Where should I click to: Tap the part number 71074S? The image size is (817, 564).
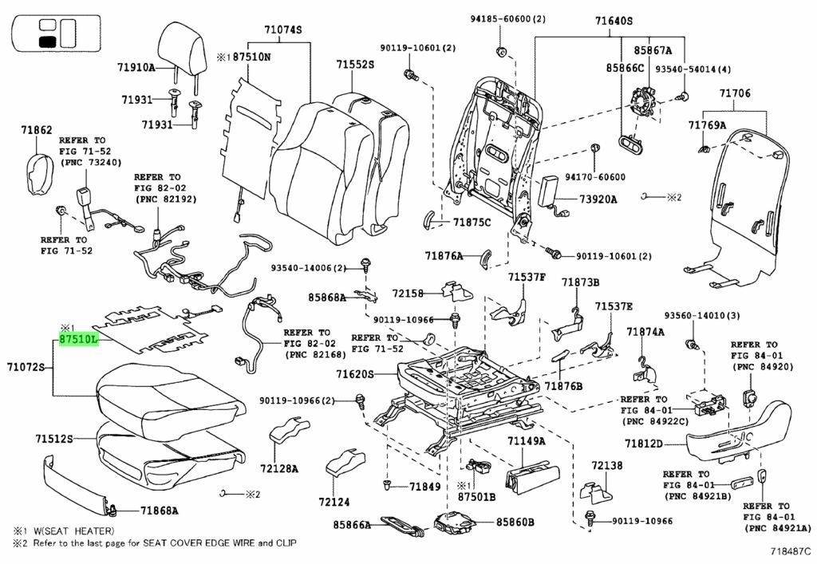[283, 30]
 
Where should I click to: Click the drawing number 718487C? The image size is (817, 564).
[786, 550]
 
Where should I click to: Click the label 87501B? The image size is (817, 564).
[476, 496]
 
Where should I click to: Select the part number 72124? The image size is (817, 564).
[335, 502]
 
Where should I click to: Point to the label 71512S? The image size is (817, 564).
[54, 438]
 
